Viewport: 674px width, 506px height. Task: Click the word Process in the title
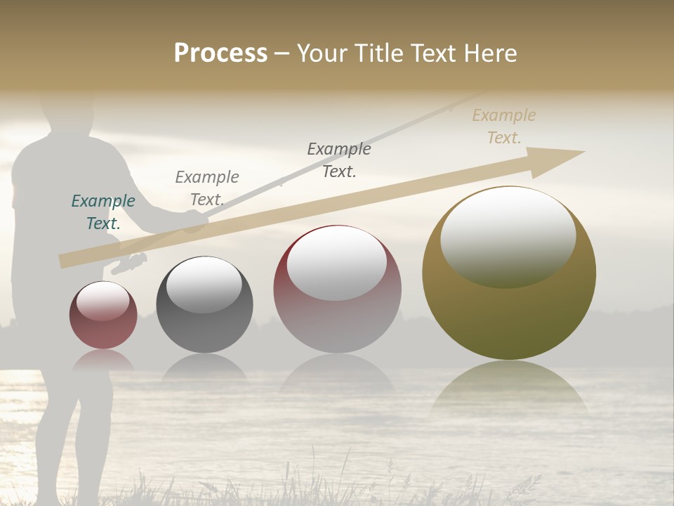point(220,53)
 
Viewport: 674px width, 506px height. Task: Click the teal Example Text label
point(103,212)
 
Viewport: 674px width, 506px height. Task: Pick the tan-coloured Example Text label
point(504,126)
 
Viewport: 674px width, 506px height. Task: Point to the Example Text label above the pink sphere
point(339,160)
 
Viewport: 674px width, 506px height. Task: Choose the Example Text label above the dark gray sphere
point(207,188)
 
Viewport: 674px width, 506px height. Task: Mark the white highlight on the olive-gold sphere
point(508,235)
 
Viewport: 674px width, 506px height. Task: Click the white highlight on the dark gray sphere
point(204,285)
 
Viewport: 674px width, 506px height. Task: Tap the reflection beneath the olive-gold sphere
point(509,387)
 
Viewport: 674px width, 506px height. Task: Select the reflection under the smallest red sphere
point(103,361)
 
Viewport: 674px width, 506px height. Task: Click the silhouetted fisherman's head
point(67,112)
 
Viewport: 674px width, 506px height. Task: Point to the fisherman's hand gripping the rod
point(194,222)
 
